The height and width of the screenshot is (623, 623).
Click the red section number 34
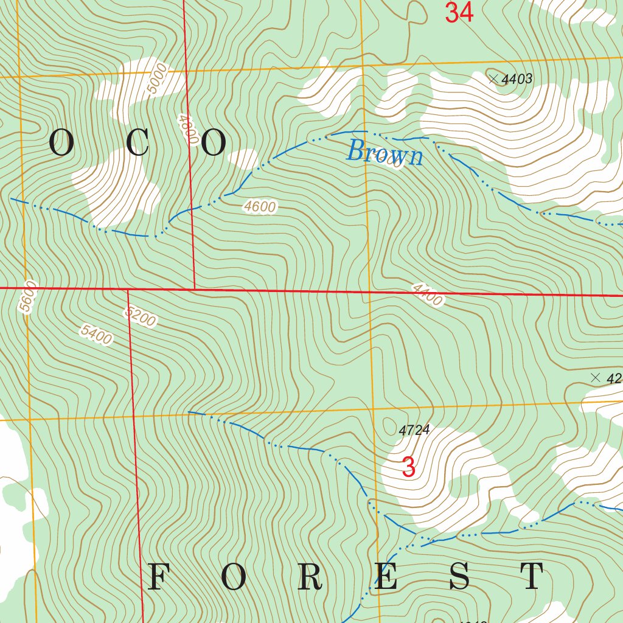(x=459, y=13)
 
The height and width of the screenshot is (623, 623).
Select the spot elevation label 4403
(x=518, y=78)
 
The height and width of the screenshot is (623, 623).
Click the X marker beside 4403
(x=493, y=78)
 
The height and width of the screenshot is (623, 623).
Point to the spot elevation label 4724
(x=414, y=430)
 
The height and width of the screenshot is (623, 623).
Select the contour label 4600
(x=260, y=207)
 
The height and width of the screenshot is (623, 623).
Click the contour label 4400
(x=426, y=294)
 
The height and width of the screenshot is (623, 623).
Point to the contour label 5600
(x=28, y=297)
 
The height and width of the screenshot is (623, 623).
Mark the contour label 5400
(x=96, y=335)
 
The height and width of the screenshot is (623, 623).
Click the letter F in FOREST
(x=158, y=577)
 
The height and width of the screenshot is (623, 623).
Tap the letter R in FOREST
(x=311, y=577)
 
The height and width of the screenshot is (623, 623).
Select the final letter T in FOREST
(x=533, y=577)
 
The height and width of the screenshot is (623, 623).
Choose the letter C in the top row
(x=137, y=144)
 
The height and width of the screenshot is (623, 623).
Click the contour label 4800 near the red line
(x=187, y=128)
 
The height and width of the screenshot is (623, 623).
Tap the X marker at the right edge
(x=595, y=377)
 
